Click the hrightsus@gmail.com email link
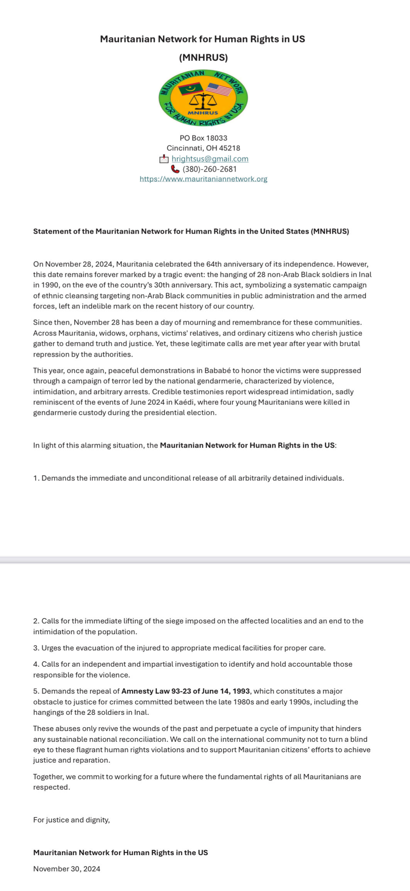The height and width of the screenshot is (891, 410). point(210,158)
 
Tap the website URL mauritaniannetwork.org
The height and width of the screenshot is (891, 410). point(203,179)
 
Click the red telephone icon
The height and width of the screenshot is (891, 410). point(175,169)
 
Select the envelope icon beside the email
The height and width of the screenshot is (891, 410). point(164,159)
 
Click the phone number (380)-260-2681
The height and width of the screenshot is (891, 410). point(209,169)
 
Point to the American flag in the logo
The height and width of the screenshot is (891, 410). point(219,89)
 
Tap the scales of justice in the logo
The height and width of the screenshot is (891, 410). point(203,101)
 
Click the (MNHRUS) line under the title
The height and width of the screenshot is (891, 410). point(203,58)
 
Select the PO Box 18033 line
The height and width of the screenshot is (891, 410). point(203,138)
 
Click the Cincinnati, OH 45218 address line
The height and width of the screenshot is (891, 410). point(203,148)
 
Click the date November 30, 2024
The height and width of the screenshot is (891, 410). point(67,869)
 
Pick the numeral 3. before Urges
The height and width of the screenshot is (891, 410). point(36,648)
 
